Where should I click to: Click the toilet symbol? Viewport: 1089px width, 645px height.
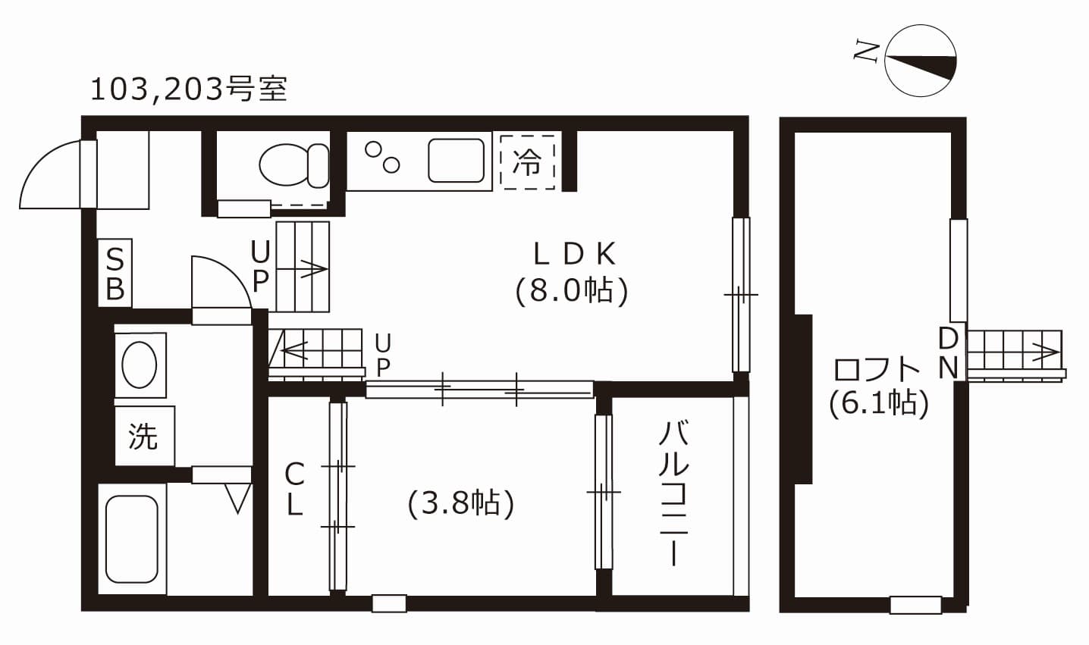294,165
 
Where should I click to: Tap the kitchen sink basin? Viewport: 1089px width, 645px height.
456,161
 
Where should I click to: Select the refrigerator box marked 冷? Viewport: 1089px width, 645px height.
528,162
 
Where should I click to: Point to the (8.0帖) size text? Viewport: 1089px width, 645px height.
572,291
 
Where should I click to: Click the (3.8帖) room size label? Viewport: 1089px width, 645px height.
461,503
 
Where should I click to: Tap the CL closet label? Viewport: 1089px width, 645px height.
294,489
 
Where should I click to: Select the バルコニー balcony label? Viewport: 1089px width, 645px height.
674,494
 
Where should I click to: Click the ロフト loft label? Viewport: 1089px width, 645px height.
876,369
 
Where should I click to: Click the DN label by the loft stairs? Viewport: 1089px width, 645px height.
948,353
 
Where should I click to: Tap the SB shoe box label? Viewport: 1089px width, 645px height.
115,274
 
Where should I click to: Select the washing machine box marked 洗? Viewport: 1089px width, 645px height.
144,436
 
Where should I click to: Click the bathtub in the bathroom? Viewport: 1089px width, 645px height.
132,539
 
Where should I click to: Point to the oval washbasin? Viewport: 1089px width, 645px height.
140,365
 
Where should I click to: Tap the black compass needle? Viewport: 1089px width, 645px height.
921,66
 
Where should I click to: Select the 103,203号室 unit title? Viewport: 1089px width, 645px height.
189,89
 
